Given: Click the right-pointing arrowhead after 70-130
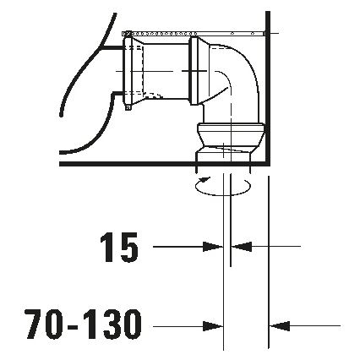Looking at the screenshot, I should [x=215, y=323].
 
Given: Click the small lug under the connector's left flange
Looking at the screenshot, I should [x=129, y=106].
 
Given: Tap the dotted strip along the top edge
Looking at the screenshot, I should [x=194, y=33].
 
